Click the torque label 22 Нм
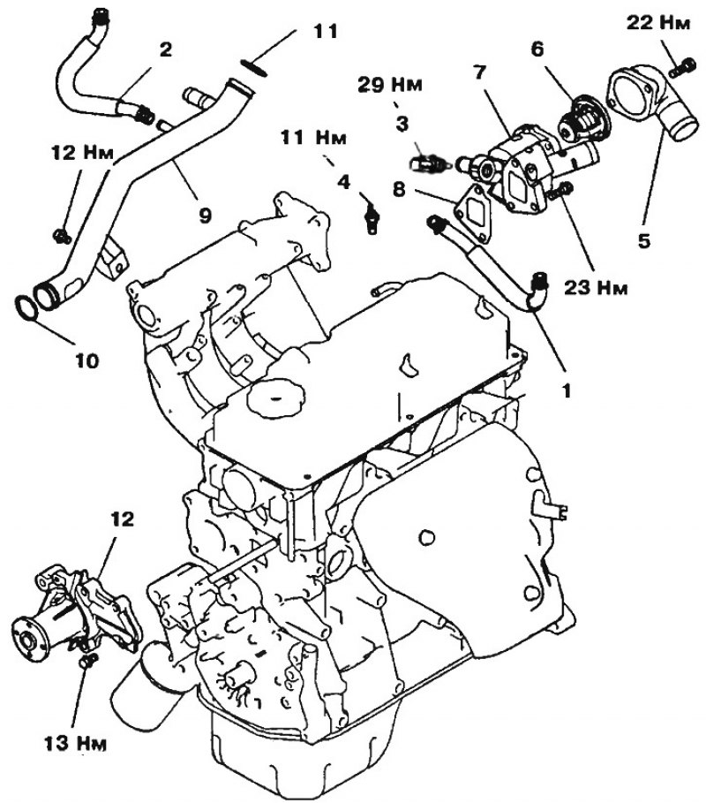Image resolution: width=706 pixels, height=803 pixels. click(658, 23)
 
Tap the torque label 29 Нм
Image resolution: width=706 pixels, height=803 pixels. click(390, 85)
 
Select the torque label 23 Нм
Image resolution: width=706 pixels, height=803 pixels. click(596, 288)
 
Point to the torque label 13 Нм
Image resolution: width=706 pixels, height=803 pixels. click(76, 743)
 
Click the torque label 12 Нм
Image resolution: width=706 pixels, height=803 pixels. click(82, 153)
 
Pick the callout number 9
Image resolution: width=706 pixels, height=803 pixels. click(205, 216)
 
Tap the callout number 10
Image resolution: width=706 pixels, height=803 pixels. click(86, 361)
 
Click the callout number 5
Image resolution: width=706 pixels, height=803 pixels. click(644, 239)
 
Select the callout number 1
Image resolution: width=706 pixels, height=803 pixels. click(566, 391)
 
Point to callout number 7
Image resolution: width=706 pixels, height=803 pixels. click(478, 72)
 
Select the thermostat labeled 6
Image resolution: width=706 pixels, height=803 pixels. click(583, 124)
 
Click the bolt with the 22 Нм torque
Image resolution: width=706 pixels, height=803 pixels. click(683, 68)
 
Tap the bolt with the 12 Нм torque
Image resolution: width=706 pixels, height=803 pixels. click(62, 236)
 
